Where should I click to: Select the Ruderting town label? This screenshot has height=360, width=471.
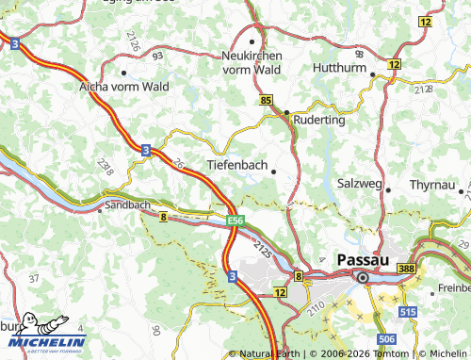[x=322, y=120]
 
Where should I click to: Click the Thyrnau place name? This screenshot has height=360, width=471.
[x=432, y=185]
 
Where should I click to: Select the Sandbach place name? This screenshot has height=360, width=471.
[x=127, y=204]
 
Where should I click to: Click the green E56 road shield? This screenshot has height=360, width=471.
[x=235, y=220]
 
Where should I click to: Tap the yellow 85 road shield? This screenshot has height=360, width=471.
[x=267, y=99]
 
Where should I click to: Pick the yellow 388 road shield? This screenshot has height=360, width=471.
[x=406, y=270]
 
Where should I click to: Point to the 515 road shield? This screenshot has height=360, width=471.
[x=406, y=310]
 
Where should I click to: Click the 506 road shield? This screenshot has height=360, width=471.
[x=386, y=337]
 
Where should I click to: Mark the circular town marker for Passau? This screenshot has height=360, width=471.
[x=362, y=277]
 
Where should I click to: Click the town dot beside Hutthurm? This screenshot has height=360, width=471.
[x=373, y=74]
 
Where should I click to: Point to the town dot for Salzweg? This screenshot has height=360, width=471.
[x=387, y=189]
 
